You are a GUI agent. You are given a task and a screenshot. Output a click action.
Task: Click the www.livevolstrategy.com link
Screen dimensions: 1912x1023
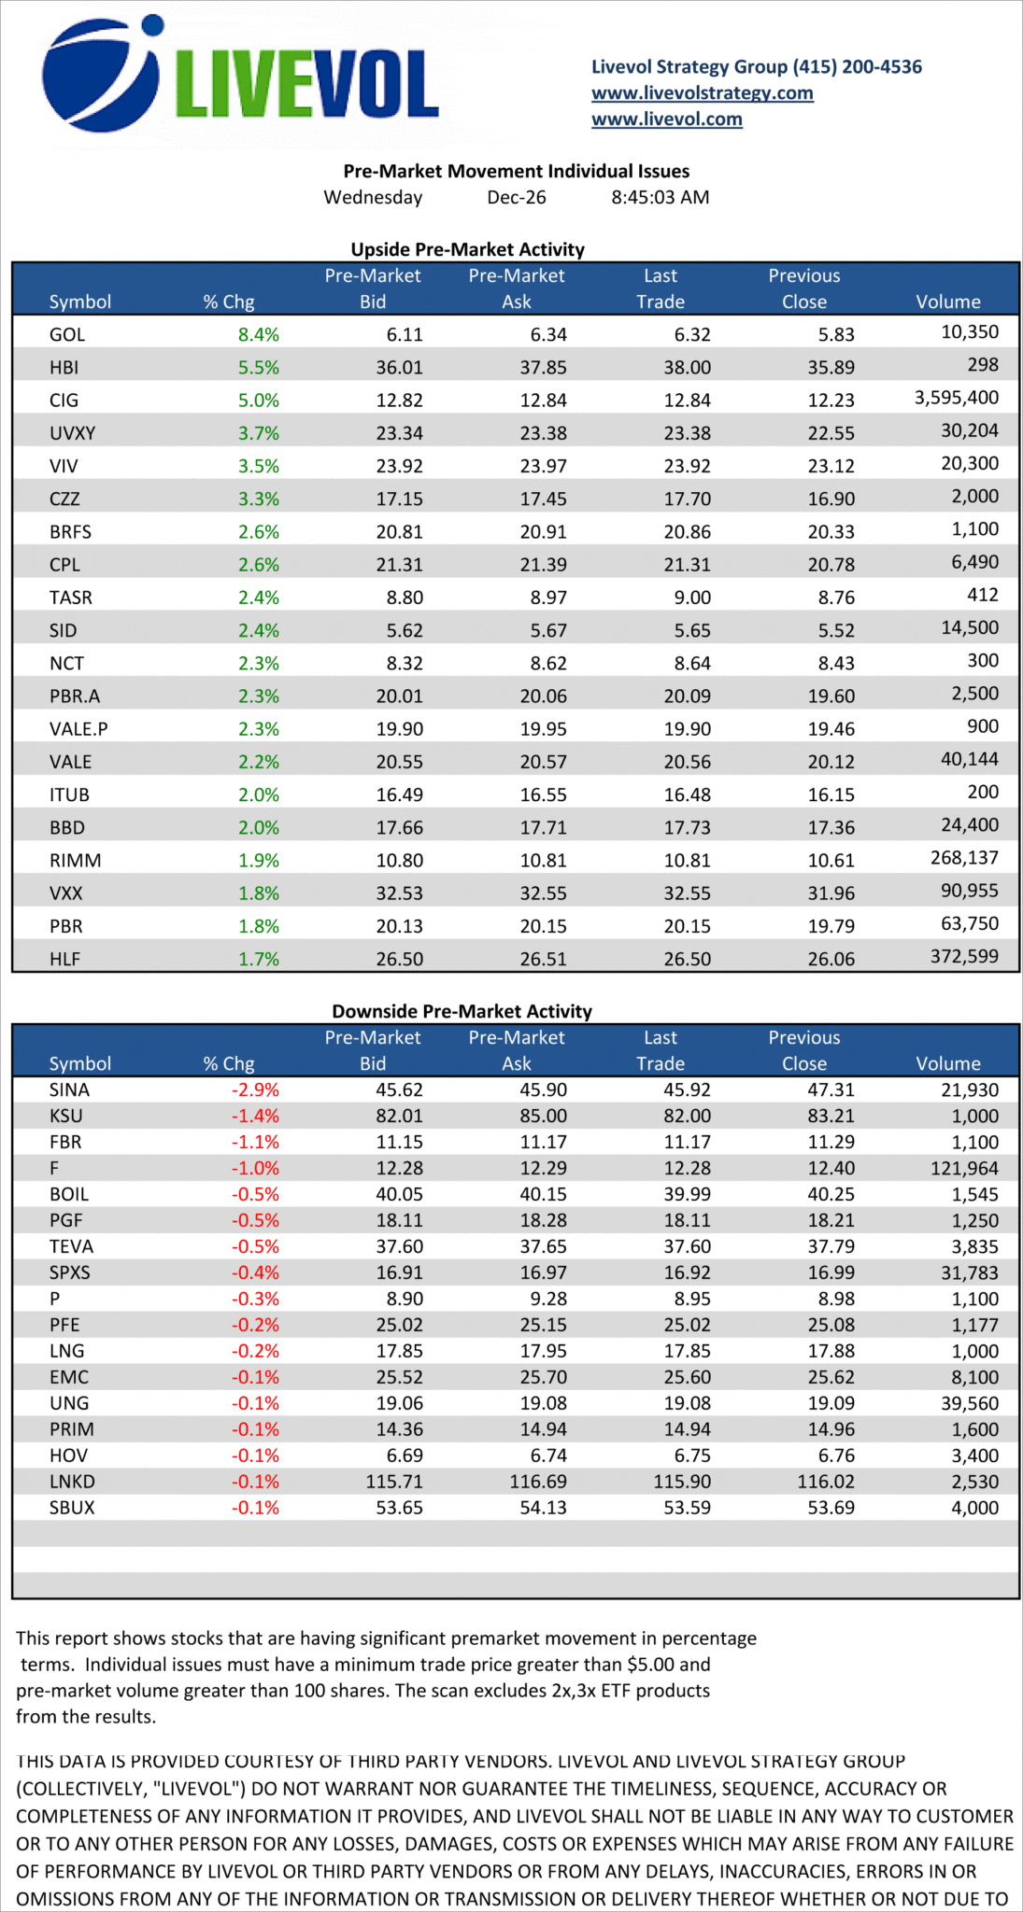click(702, 92)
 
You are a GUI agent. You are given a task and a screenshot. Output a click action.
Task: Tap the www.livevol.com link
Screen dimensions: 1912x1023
click(666, 119)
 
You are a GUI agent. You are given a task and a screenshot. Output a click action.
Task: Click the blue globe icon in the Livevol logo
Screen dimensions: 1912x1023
click(99, 75)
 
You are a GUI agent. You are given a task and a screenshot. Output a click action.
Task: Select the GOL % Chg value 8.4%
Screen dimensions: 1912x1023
click(259, 334)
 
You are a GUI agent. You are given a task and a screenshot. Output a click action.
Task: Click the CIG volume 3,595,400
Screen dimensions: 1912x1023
click(956, 398)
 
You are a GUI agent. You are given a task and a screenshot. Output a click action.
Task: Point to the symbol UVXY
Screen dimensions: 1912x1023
click(72, 433)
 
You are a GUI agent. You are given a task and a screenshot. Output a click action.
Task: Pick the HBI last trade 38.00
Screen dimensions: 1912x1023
click(687, 368)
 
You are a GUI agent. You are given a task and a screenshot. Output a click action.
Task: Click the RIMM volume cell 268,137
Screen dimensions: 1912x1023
click(964, 857)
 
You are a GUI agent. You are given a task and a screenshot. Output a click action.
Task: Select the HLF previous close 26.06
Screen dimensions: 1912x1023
click(831, 959)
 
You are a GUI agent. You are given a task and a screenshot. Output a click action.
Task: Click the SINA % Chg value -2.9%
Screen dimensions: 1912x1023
click(255, 1090)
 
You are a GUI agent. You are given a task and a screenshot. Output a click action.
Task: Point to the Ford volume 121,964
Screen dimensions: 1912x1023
click(964, 1168)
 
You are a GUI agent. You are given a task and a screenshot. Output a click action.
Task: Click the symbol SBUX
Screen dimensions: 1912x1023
click(72, 1508)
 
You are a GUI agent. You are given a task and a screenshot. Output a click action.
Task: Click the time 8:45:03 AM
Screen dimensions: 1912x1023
click(660, 197)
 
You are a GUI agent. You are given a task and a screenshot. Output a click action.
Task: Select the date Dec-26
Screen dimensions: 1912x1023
click(517, 197)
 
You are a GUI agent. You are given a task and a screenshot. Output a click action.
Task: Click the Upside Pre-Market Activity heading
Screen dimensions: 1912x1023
click(467, 249)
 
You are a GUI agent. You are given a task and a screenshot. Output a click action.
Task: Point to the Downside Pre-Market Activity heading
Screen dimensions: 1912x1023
click(462, 1011)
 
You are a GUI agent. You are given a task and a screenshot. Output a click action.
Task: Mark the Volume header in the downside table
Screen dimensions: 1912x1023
click(947, 1063)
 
